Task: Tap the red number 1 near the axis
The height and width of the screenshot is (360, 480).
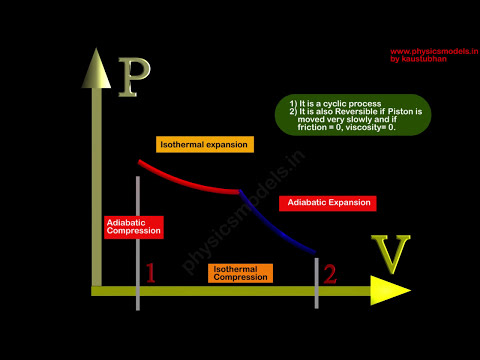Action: point(151,273)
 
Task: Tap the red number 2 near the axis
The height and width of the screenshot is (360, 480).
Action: point(330,272)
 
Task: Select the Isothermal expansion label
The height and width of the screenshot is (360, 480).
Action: point(205,144)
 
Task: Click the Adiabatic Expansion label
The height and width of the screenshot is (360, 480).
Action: point(327,203)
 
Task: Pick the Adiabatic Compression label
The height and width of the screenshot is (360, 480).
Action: point(133,226)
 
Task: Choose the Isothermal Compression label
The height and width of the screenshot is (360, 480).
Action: point(240,272)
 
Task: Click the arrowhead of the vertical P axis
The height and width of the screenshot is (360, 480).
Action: point(96,65)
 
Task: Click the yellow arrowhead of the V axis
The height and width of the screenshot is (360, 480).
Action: point(390,290)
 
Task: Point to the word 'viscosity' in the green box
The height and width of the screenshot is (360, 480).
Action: point(377,127)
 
